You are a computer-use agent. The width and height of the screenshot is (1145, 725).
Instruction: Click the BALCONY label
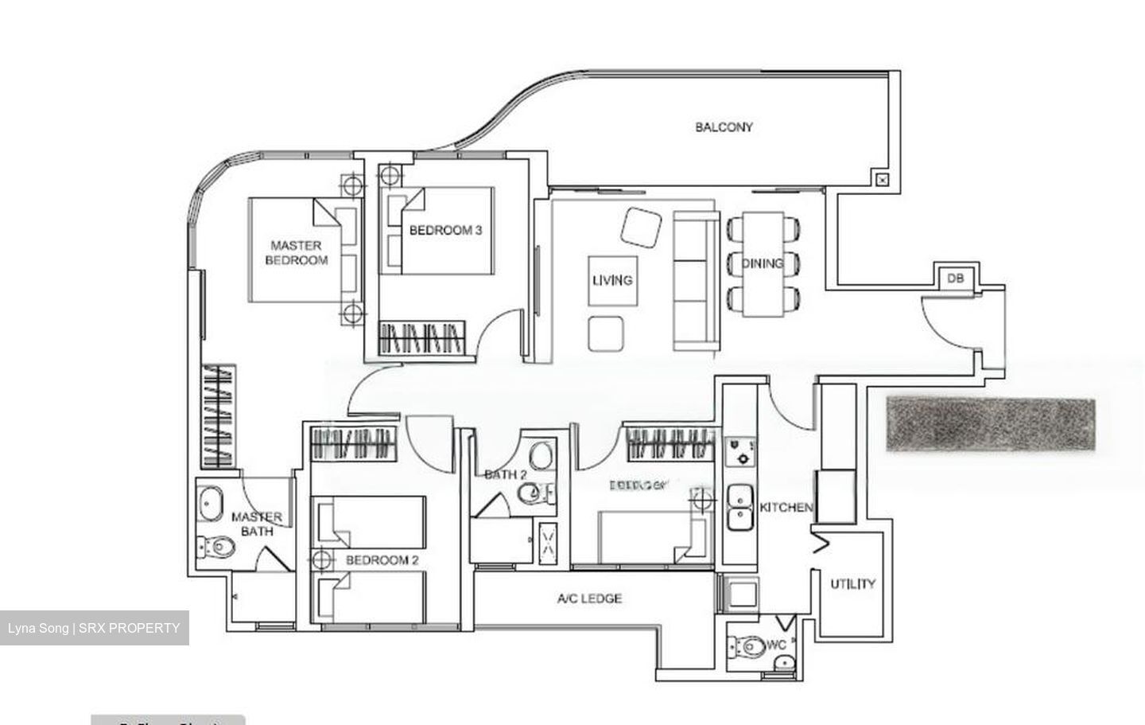pos(724,127)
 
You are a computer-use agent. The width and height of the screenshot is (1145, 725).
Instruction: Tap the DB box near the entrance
pos(955,279)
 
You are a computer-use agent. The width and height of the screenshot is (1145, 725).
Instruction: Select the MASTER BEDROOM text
pos(296,253)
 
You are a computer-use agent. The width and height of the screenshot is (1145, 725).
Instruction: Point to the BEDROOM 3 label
pos(445,231)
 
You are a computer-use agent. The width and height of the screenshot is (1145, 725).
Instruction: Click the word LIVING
pos(612,280)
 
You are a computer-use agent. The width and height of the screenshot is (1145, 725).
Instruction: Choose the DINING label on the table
pos(763,263)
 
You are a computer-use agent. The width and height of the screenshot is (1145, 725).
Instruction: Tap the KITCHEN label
pos(786,508)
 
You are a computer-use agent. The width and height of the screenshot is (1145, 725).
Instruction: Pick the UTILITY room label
pos(852,584)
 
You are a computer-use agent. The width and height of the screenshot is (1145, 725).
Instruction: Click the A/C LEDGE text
pos(589,598)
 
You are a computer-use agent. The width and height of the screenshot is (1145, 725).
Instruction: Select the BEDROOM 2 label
pos(382,560)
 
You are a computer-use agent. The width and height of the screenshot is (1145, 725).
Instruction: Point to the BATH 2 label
pos(506,475)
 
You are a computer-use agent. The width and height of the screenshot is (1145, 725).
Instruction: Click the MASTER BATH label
pos(256,524)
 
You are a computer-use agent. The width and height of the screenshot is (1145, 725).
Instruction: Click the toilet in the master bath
pos(217,547)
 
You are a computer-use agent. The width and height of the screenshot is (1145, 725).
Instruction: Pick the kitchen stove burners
pos(740,450)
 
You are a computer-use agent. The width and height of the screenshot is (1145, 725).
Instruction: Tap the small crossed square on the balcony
pos(882,179)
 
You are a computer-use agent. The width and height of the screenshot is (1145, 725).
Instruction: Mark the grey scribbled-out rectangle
pos(991,424)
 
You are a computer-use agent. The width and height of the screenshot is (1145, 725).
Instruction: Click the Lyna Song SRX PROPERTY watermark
pos(94,628)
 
